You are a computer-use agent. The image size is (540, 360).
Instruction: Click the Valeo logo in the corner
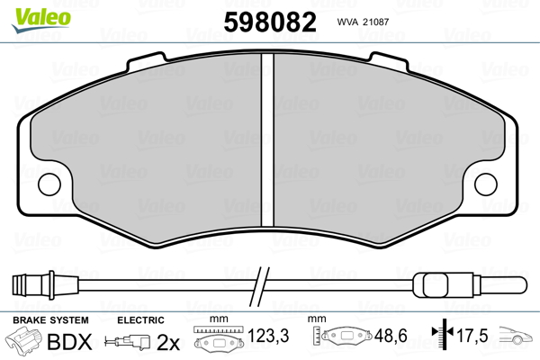[x=41, y=20]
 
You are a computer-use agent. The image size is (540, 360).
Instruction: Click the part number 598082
[x=270, y=22]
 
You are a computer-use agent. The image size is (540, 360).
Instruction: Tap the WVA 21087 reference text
[x=363, y=22]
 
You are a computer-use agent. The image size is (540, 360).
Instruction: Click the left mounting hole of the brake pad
[x=49, y=184]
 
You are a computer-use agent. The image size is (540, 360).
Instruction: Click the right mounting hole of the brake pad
[x=486, y=184]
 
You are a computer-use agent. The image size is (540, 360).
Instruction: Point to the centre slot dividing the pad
[x=267, y=139]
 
